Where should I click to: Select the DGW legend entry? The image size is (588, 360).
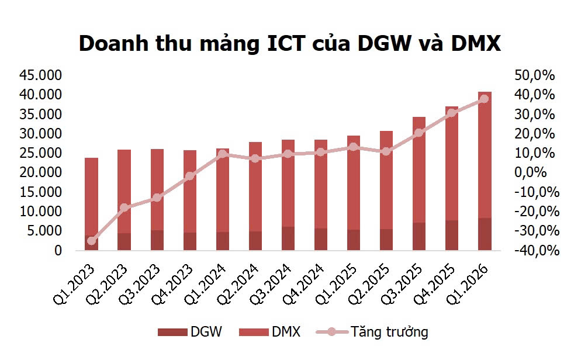(x=189, y=333)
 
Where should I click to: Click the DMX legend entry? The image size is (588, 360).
(x=271, y=333)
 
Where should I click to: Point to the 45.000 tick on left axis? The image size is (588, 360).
(x=41, y=75)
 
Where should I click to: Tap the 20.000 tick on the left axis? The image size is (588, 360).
(x=41, y=172)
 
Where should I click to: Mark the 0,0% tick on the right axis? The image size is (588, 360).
(x=535, y=172)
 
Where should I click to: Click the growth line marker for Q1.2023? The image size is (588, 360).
(x=91, y=240)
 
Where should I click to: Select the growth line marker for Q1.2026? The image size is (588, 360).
(x=485, y=99)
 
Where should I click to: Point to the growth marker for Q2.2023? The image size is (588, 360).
(x=124, y=207)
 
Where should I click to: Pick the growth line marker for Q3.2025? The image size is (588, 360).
(x=419, y=133)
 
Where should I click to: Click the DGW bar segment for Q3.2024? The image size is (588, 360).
(x=288, y=238)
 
